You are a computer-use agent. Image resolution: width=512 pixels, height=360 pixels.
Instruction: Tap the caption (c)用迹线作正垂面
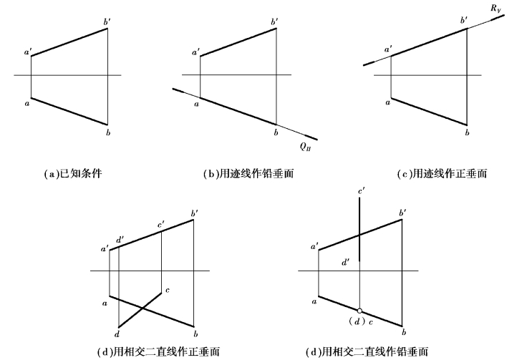pyautogui.click(x=442, y=174)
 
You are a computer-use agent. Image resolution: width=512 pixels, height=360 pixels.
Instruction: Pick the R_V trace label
pyautogui.click(x=495, y=9)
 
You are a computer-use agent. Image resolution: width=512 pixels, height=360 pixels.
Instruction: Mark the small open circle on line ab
pyautogui.click(x=359, y=311)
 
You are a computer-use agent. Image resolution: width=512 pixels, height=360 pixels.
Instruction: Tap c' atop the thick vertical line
pyautogui.click(x=362, y=192)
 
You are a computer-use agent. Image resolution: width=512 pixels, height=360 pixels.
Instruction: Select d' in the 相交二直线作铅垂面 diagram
pyautogui.click(x=346, y=263)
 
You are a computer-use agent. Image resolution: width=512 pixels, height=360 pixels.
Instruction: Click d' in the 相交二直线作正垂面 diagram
pyautogui.click(x=120, y=238)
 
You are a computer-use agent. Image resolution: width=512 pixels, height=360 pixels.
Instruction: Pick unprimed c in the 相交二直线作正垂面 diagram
pyautogui.click(x=167, y=290)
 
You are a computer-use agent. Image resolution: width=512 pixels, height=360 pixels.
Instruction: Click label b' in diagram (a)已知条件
pyautogui.click(x=107, y=23)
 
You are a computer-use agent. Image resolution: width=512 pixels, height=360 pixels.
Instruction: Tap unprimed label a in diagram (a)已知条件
pyautogui.click(x=26, y=104)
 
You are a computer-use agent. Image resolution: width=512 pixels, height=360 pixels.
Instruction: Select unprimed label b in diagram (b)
pyautogui.click(x=275, y=132)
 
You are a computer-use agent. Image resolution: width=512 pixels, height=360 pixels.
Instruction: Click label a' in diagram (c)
pyautogui.click(x=388, y=49)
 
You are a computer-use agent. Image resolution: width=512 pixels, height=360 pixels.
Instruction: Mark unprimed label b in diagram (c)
pyautogui.click(x=466, y=132)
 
